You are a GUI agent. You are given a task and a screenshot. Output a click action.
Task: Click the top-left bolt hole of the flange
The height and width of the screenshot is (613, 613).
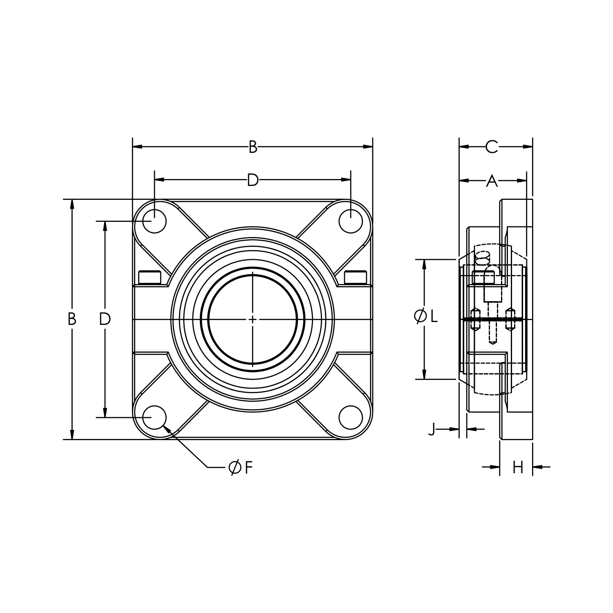click(154, 221)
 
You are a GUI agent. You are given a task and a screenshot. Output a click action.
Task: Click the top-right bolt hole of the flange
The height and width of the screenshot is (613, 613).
click(351, 221)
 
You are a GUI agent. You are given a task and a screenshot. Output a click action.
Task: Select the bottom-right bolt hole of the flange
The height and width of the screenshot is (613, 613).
click(351, 417)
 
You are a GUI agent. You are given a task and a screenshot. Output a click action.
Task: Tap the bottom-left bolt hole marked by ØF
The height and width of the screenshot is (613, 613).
click(154, 417)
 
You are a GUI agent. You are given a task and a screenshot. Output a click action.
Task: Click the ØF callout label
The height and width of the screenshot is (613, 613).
click(241, 468)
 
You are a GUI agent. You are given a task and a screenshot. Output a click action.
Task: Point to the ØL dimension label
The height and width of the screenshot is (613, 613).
click(426, 316)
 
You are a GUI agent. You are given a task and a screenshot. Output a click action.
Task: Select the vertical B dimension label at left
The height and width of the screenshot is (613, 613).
click(72, 319)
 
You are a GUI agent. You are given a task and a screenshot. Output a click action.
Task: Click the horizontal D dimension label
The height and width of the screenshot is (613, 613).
click(253, 180)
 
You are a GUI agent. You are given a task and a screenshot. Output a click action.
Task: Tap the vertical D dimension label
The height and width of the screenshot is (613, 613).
click(105, 319)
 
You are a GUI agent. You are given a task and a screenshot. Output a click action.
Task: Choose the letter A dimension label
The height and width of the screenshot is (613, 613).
click(492, 181)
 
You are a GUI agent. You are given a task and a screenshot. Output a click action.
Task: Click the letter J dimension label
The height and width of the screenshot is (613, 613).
click(432, 430)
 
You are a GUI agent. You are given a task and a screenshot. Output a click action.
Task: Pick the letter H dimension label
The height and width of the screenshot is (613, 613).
click(518, 468)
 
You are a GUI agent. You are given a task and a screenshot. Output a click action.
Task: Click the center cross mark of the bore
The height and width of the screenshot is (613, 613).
click(253, 319)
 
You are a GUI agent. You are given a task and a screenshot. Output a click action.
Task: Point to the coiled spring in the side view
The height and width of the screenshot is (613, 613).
click(483, 257)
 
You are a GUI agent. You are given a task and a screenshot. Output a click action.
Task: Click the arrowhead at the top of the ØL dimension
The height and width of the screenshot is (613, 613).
click(425, 264)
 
